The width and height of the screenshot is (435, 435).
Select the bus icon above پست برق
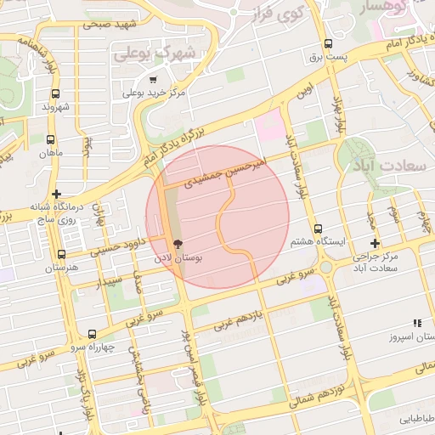click(328, 45)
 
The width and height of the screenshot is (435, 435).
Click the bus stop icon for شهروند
click(55, 93)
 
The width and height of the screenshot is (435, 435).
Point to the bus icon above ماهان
click(51, 139)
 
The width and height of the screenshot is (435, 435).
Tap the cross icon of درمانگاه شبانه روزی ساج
click(56, 195)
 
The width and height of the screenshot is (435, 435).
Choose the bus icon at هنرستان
click(61, 254)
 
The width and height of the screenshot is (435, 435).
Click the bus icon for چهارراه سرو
click(92, 334)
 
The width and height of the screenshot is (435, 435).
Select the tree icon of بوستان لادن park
click(177, 242)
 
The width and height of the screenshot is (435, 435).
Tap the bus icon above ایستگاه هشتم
click(318, 229)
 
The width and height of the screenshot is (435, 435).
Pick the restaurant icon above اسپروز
click(416, 323)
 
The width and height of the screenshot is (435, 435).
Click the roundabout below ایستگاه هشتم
click(325, 268)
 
